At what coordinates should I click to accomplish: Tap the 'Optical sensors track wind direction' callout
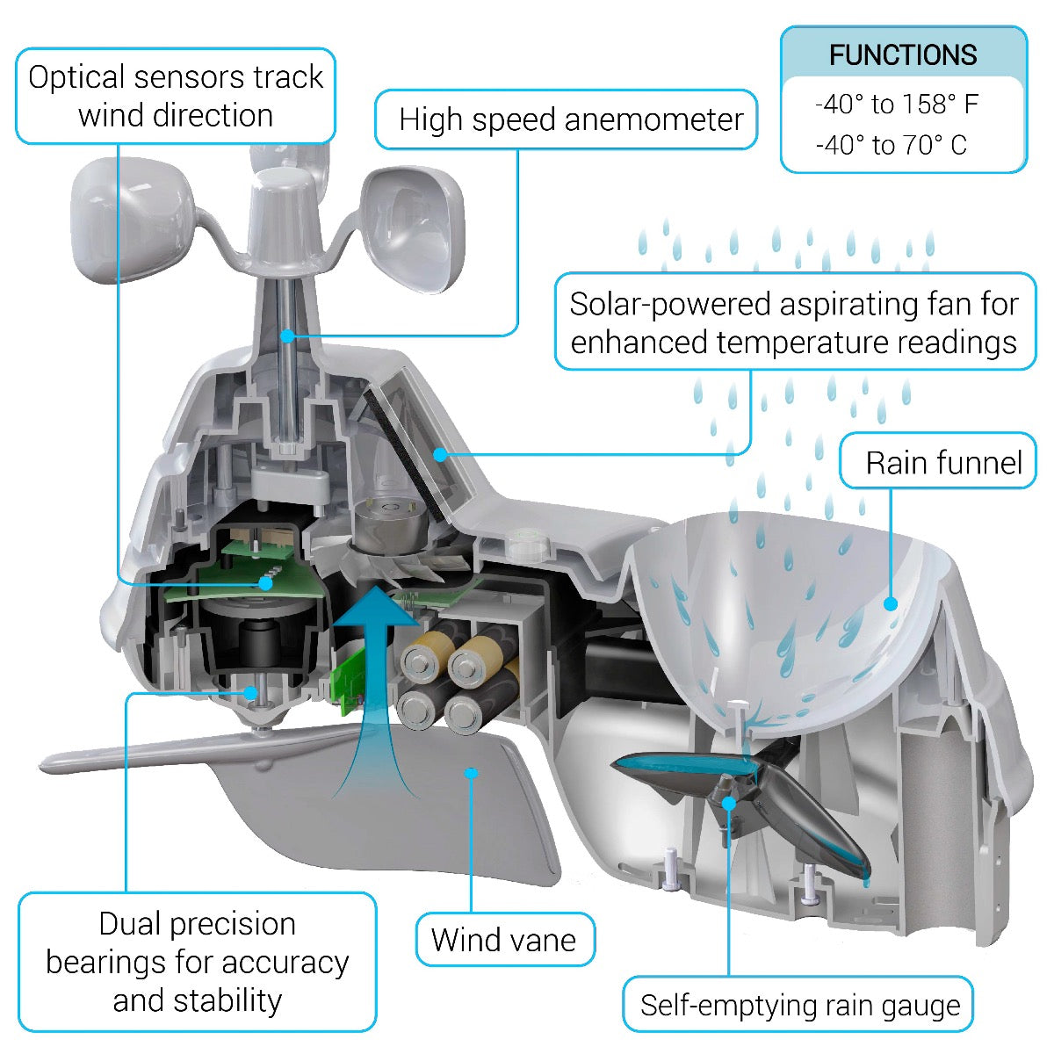pos(176,96)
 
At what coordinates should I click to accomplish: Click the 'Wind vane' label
pos(504,940)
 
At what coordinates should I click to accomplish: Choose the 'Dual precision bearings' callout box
pos(197,962)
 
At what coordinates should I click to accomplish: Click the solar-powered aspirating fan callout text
pos(794,322)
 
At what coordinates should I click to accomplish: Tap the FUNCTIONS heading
pos(903,55)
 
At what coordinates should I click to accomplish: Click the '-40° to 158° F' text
pos(896,105)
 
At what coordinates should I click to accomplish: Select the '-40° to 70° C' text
pos(891,145)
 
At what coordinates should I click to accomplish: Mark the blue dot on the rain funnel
pos(891,603)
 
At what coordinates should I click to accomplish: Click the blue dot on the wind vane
pos(472,773)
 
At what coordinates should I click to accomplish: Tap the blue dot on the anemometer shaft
pos(286,335)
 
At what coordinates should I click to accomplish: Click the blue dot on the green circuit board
pos(264,582)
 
